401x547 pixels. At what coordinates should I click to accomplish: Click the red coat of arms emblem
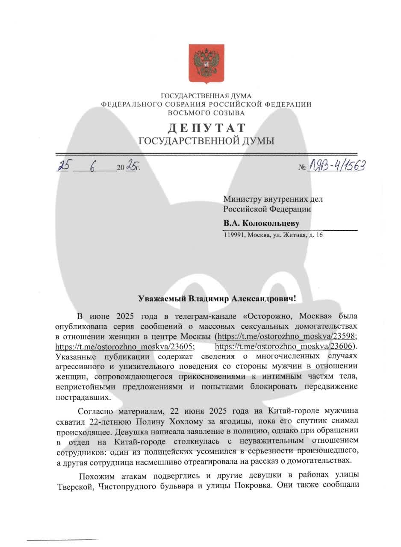click(x=206, y=64)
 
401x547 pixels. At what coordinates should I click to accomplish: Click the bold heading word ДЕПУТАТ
click(x=206, y=128)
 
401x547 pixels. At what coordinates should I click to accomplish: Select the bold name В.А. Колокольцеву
click(x=261, y=224)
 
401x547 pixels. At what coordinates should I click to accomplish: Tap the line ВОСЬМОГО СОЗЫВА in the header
click(x=206, y=113)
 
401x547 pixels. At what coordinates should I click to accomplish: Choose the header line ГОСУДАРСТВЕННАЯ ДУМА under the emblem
click(x=206, y=96)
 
